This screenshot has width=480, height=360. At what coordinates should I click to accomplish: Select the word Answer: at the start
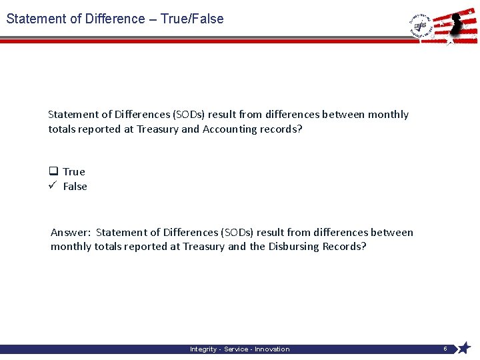(71, 233)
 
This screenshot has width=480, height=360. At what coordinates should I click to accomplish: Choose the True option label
(74, 172)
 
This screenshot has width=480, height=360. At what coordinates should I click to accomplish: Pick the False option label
(75, 187)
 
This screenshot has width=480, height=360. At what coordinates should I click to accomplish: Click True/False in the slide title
(192, 19)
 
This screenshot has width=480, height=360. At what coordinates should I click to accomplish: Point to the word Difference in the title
(115, 19)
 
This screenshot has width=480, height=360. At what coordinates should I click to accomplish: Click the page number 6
(445, 349)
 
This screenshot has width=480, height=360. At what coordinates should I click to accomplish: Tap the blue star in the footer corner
(464, 348)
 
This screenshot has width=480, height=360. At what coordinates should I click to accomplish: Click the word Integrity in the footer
(203, 349)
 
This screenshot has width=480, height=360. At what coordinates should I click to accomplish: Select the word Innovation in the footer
(272, 349)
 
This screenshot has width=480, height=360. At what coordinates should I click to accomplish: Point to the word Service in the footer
(237, 349)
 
